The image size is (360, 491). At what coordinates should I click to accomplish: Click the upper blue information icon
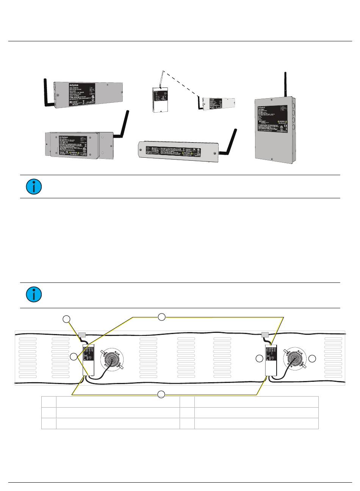click(34, 187)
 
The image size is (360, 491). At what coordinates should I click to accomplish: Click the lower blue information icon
click(34, 295)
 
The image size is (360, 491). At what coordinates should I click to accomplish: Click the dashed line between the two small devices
click(181, 83)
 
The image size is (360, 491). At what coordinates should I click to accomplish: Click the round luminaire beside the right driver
click(294, 359)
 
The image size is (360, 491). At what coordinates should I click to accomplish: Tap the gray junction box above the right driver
click(266, 335)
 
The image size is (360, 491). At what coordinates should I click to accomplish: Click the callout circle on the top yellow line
click(161, 317)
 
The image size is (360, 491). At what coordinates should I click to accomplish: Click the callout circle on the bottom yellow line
click(161, 394)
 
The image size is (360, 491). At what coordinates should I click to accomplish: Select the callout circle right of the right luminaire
click(312, 359)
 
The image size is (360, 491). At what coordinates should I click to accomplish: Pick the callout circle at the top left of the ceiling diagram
click(67, 319)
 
